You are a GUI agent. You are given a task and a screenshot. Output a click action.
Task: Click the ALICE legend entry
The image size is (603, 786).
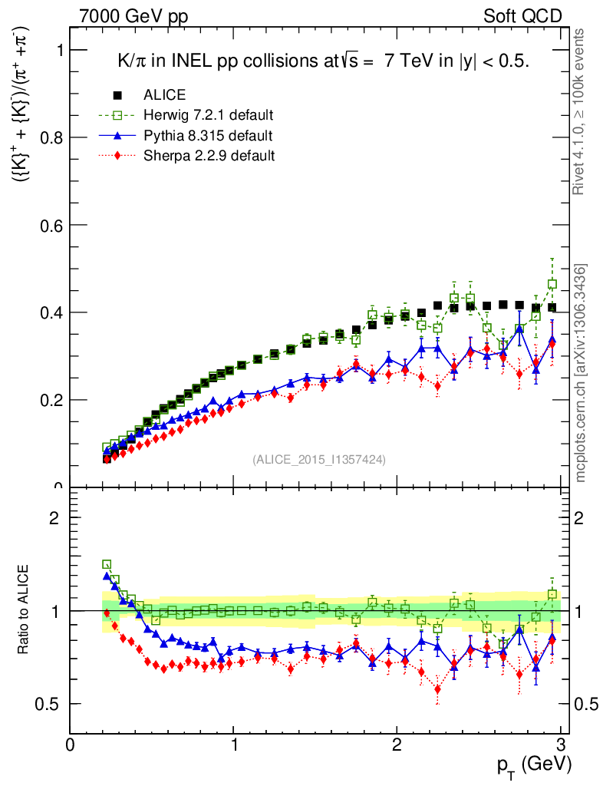point(164,96)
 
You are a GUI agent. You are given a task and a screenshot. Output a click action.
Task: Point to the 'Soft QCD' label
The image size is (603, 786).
point(522,16)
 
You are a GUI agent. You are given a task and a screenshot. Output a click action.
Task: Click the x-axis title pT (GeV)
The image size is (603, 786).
point(532,765)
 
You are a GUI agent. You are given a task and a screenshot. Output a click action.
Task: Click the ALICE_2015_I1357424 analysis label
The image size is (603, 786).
point(319,459)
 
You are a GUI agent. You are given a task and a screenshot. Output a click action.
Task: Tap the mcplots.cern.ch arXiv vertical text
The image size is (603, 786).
point(582,373)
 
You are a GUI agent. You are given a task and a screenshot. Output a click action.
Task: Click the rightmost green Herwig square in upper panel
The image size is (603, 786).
point(552,284)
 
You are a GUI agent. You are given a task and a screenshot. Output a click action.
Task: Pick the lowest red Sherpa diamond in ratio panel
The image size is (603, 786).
point(437,689)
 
